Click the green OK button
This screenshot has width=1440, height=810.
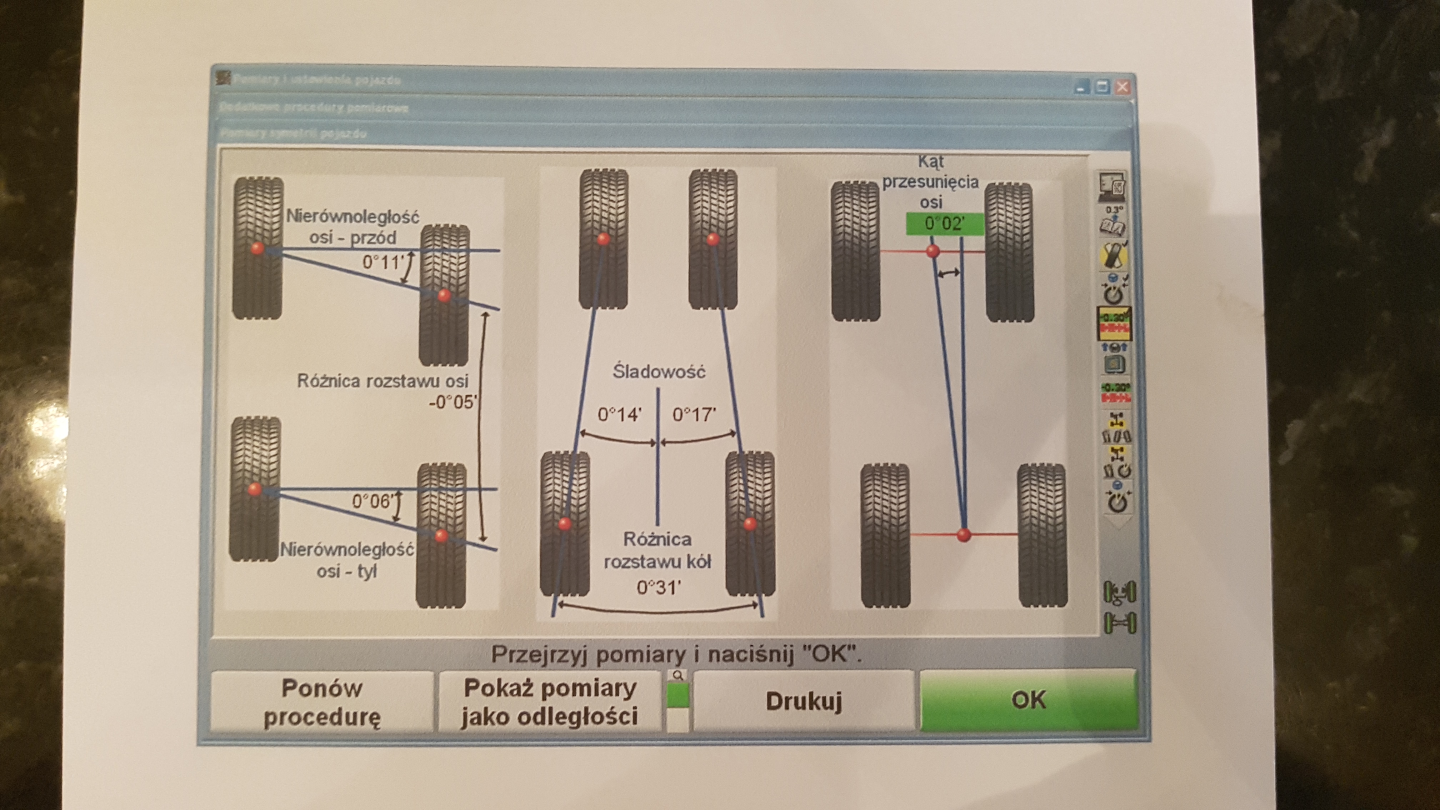tap(1028, 700)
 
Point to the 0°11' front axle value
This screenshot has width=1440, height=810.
tap(383, 262)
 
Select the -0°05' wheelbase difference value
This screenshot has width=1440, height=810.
tap(453, 402)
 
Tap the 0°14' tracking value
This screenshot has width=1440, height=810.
tap(619, 414)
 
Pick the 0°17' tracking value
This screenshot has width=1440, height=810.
tap(694, 414)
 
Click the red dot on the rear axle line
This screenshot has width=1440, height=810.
tap(964, 535)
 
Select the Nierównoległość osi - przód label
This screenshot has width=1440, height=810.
tap(353, 226)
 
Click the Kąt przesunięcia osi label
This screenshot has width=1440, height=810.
tap(931, 182)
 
